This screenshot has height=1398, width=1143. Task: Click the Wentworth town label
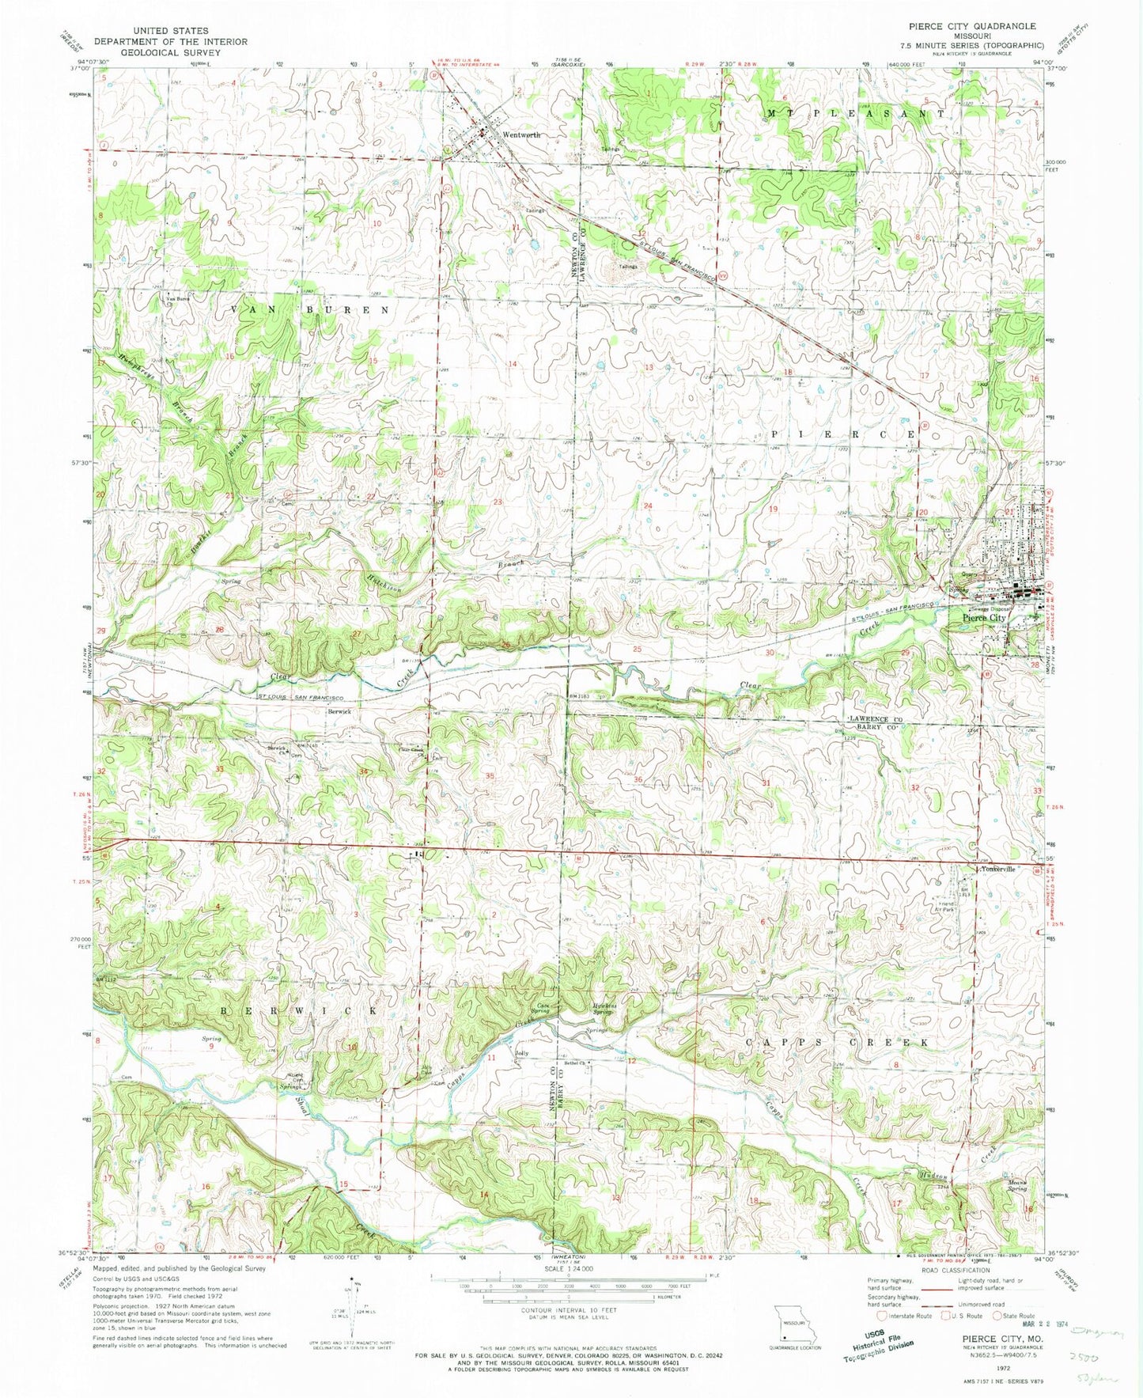(520, 135)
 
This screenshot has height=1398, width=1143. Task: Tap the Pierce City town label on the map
(983, 618)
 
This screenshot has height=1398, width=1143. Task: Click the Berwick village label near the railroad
(339, 711)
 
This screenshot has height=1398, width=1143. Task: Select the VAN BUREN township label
(310, 310)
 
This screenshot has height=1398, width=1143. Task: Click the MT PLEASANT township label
(854, 114)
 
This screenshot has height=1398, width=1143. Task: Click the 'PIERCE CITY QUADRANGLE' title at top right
(961, 26)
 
